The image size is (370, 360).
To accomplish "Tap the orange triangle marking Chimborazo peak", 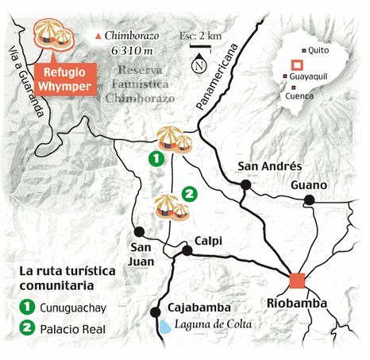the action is click(x=98, y=37).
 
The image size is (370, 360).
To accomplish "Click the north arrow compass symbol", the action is click(x=200, y=65).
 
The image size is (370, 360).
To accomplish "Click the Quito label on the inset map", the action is click(x=318, y=49).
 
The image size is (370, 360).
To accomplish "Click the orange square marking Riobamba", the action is click(x=297, y=280).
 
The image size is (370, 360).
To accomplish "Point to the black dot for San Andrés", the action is click(x=245, y=185).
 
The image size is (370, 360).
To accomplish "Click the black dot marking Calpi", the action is click(x=187, y=250).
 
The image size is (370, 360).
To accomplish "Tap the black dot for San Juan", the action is click(x=140, y=232).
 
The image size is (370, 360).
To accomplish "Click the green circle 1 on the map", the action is click(x=157, y=159).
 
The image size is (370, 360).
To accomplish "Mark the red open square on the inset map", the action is click(x=296, y=65).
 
